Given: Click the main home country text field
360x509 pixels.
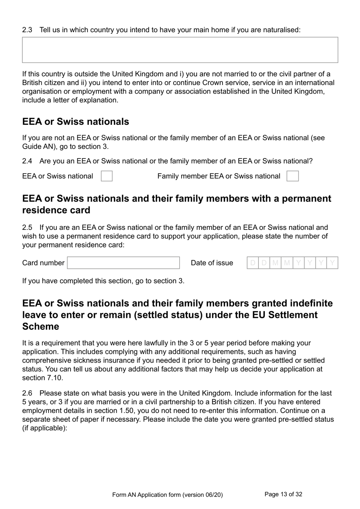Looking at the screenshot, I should tap(180, 50).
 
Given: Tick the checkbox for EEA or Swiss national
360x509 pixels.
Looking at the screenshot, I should tap(106, 176).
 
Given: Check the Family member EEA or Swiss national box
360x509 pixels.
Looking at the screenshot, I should tap(292, 176).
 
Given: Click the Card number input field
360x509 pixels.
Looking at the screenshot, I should tap(123, 263).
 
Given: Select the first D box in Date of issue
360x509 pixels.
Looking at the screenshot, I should tap(253, 263).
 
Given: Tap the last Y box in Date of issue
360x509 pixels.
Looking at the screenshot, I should tap(332, 263).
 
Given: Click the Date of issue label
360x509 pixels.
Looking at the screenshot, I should tap(212, 263).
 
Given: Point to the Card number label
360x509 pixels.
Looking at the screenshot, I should tap(43, 263).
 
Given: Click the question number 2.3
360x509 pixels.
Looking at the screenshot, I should tap(27, 30).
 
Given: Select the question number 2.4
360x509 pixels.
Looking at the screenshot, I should tap(27, 161).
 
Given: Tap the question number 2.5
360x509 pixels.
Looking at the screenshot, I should tap(27, 228).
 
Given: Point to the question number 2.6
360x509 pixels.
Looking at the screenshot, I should tap(27, 393).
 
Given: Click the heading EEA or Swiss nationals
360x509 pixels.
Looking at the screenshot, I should tap(75, 122).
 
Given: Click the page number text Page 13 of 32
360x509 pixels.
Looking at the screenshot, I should tap(283, 494).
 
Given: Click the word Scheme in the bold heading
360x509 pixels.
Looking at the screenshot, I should tap(41, 327).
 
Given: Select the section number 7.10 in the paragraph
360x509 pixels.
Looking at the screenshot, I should tap(54, 378).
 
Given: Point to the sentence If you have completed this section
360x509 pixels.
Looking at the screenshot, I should tap(103, 281).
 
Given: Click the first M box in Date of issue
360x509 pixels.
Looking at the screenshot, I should tap(275, 263).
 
